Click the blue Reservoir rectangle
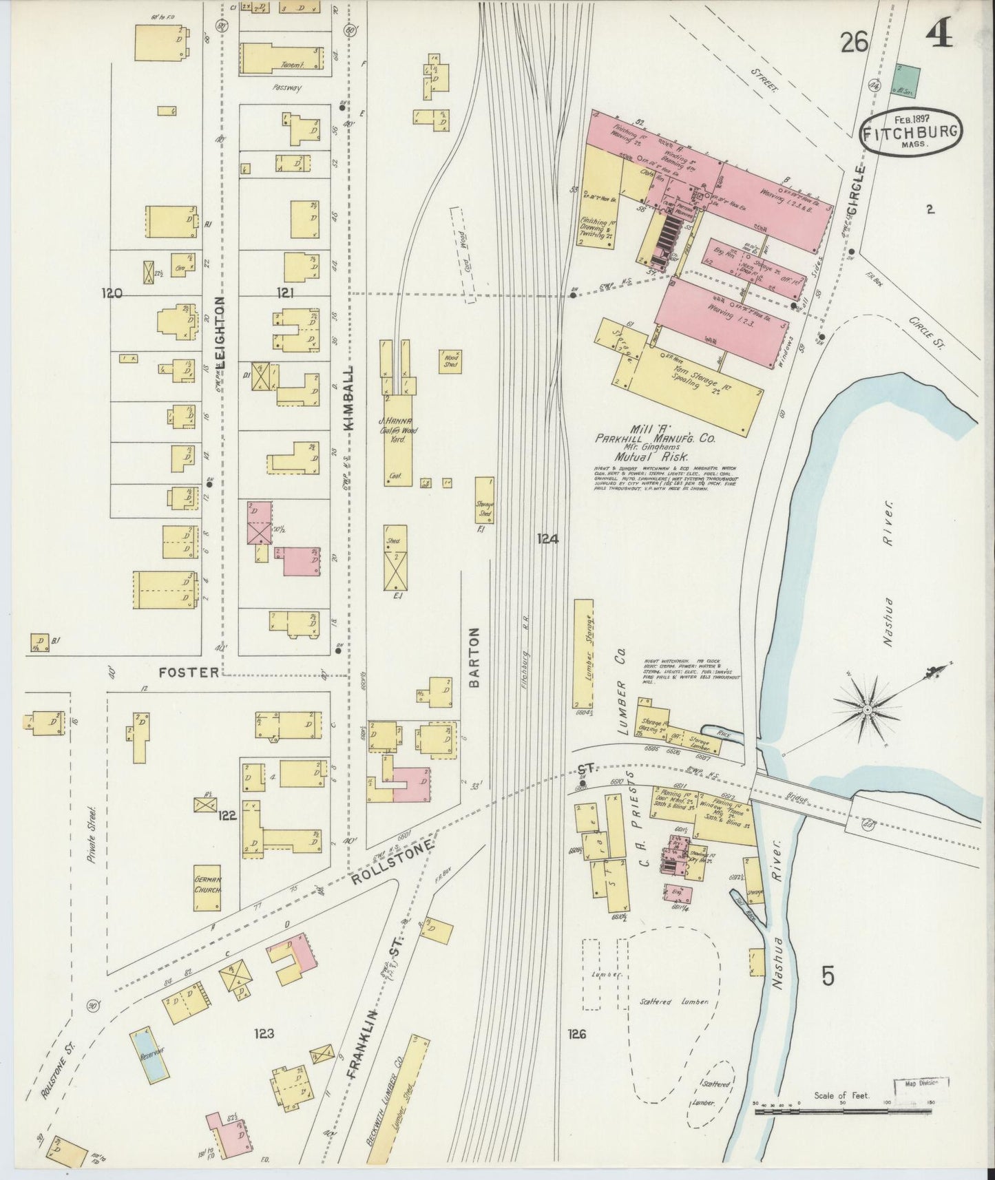pyautogui.click(x=149, y=1053)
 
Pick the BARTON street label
pyautogui.click(x=473, y=657)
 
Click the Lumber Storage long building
pyautogui.click(x=583, y=653)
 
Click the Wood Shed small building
pyautogui.click(x=450, y=360)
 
